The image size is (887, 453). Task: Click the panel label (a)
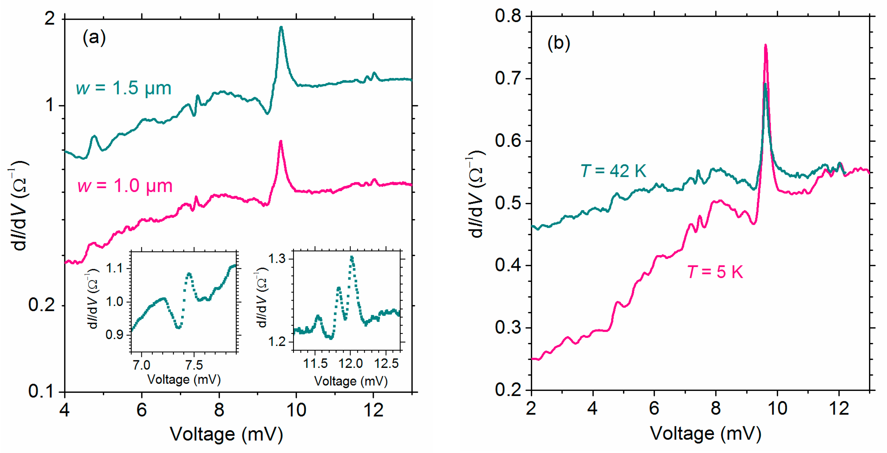pos(94,37)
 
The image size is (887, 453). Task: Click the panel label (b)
pos(559,43)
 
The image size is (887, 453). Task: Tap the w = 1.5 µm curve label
pos(123,88)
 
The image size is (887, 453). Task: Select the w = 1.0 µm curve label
pos(125,186)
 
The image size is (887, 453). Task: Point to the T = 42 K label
pos(613,170)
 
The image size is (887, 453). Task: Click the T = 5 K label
pos(715,272)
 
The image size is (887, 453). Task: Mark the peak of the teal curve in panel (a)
pos(281,27)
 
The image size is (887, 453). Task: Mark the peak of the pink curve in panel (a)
pos(281,141)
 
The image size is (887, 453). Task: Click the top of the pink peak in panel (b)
pos(766,45)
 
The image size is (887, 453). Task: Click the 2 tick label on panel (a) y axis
pos(50,18)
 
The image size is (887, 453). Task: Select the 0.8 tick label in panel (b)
pos(508,16)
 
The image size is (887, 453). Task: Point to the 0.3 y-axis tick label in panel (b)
pos(508,327)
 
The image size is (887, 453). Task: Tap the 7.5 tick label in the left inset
pos(194,365)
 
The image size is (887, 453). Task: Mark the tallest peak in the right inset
pos(352,257)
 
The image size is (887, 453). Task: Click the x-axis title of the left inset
pos(184,379)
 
